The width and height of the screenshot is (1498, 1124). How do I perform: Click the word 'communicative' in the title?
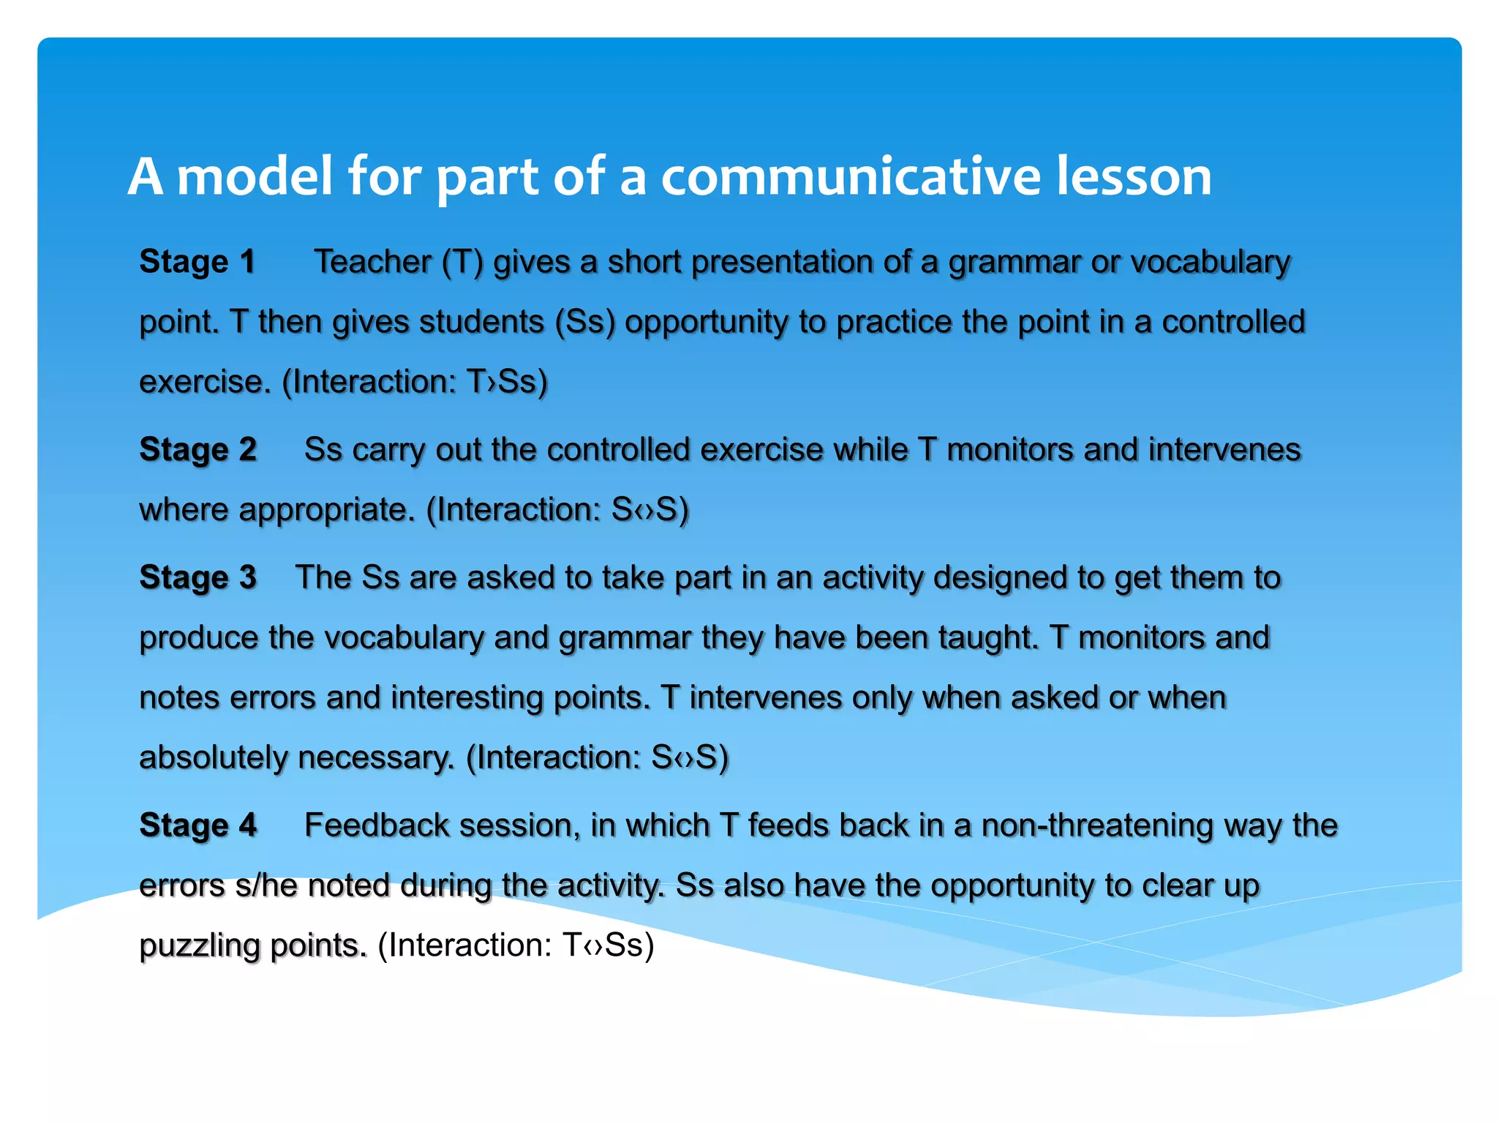tap(851, 177)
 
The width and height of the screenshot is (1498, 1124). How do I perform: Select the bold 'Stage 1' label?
tap(197, 262)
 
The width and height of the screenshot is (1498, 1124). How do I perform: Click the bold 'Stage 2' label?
tap(197, 449)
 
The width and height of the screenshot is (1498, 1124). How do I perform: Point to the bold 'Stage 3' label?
tap(197, 577)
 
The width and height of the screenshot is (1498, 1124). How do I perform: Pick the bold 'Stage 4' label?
tap(197, 825)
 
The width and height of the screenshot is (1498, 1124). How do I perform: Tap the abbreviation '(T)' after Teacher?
tap(462, 262)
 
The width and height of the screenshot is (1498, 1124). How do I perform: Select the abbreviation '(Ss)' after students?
tap(585, 322)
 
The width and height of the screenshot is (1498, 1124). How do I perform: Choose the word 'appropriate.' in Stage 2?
tap(327, 510)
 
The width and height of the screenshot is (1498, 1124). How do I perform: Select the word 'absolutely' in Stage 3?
tap(213, 757)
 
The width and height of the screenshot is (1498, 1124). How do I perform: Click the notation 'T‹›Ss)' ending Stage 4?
tap(608, 945)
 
